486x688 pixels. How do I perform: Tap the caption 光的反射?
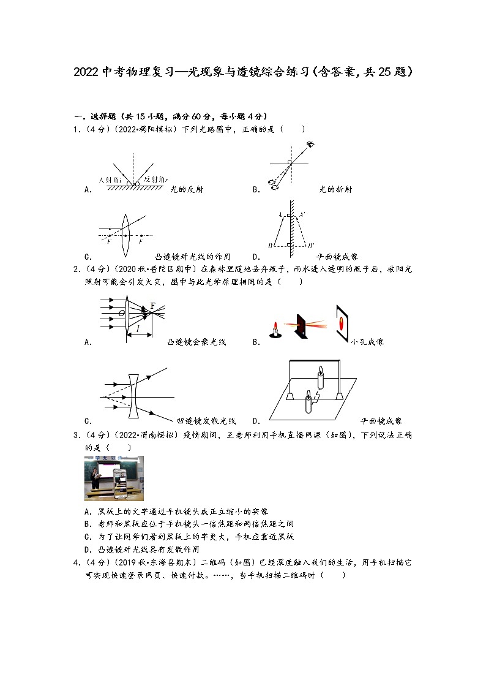pos(187,190)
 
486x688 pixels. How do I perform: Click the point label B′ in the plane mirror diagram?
pos(311,246)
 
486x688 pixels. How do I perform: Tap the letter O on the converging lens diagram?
pos(121,314)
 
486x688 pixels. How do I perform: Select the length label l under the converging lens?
pos(138,330)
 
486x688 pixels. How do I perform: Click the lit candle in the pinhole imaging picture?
pos(275,329)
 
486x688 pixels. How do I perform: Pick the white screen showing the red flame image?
pos(343,320)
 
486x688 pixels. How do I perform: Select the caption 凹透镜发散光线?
pos(206,421)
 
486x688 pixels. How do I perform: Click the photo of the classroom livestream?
pos(114,478)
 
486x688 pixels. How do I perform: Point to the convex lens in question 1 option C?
pos(125,235)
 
